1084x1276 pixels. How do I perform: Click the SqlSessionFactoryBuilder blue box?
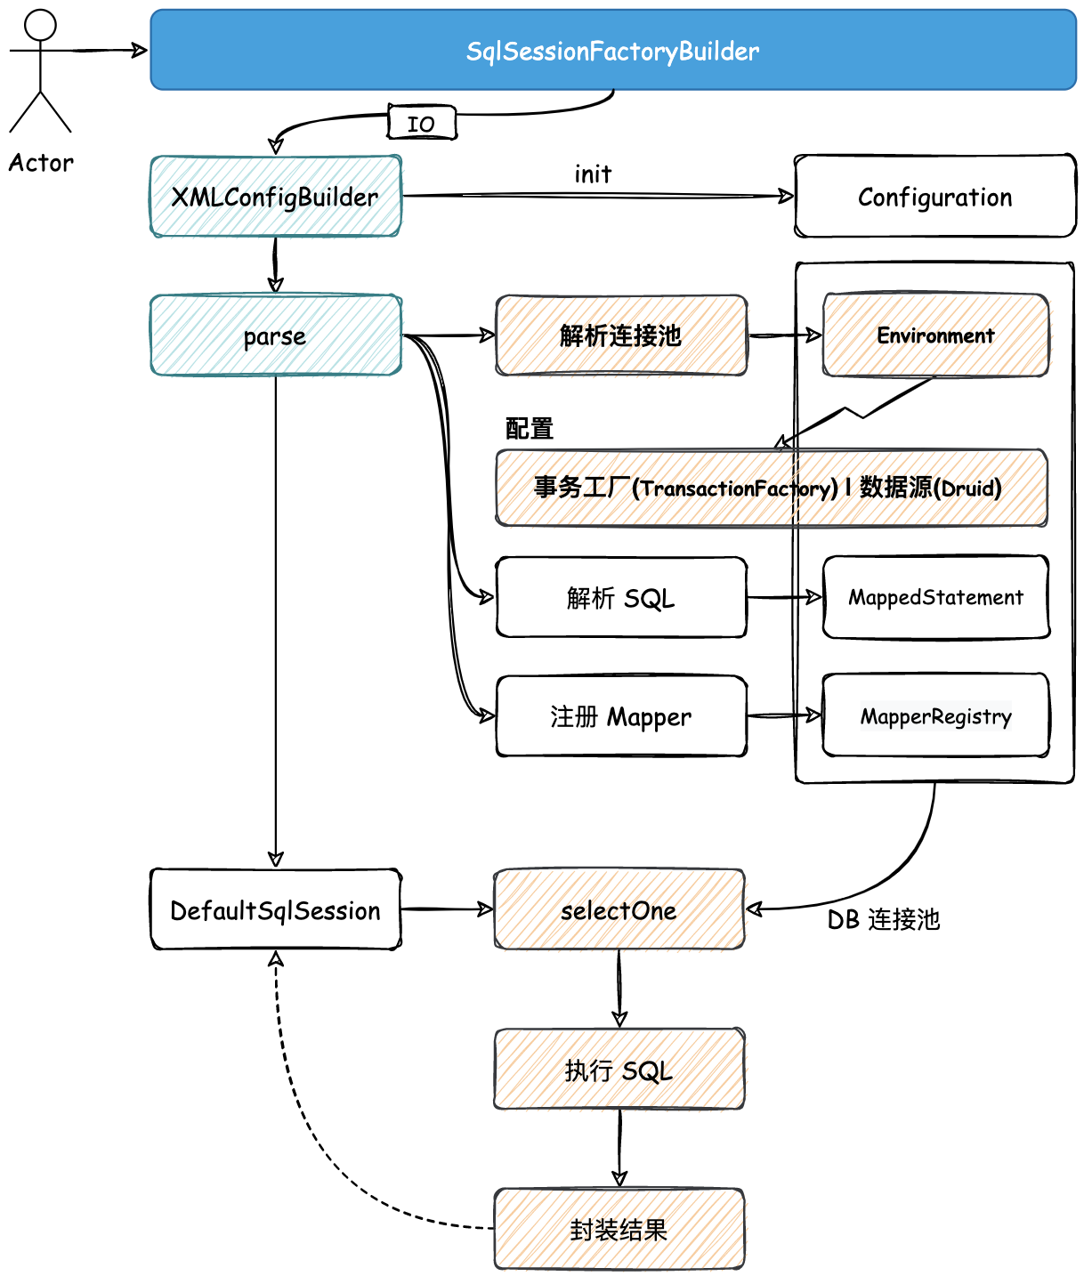(613, 50)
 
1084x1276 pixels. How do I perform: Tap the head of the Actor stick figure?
(40, 25)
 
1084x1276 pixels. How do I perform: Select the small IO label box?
(422, 122)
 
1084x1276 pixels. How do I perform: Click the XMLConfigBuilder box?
(275, 197)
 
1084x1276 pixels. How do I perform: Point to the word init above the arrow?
(593, 174)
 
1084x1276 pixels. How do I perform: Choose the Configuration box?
(934, 197)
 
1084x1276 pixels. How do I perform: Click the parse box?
(275, 335)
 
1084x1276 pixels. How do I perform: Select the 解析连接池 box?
(621, 335)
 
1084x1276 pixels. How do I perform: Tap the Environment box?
(936, 335)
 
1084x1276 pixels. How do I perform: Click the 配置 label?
(529, 428)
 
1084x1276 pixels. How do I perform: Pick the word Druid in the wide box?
(967, 489)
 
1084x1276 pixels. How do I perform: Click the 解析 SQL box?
(621, 597)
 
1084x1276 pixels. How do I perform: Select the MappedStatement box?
(936, 597)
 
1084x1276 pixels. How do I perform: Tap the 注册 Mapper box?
(621, 716)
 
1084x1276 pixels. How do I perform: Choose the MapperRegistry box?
(936, 715)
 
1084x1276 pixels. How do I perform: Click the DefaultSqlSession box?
(275, 909)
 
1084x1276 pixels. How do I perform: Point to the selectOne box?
(619, 909)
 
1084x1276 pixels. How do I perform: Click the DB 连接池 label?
(884, 920)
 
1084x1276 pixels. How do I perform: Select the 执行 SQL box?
(619, 1070)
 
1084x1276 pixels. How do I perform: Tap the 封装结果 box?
(619, 1229)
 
